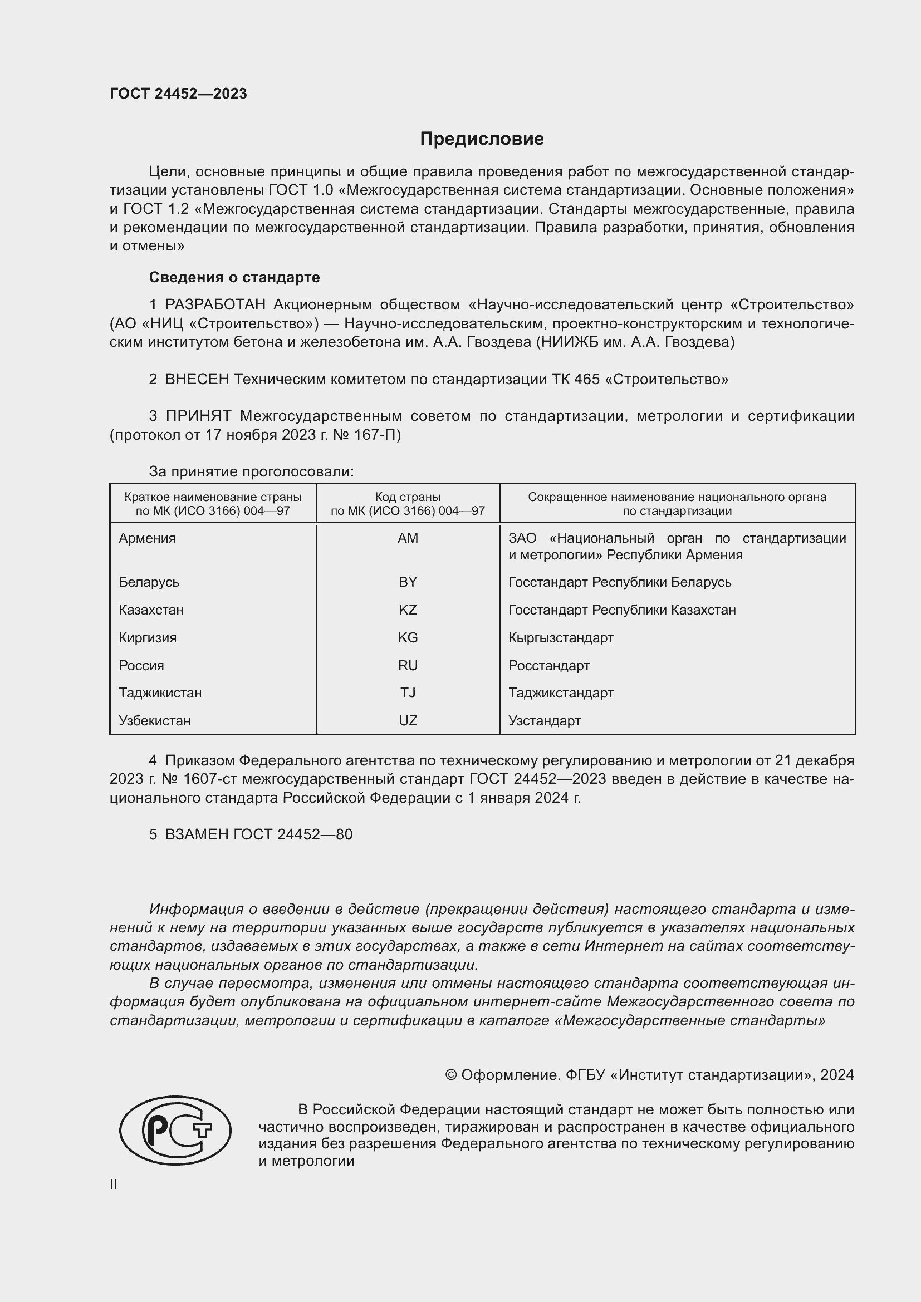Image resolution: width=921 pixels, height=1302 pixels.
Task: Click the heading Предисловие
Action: click(x=482, y=139)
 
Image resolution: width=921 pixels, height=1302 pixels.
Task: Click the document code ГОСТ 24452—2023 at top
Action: click(x=178, y=94)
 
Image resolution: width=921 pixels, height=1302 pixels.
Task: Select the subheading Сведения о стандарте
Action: click(x=234, y=277)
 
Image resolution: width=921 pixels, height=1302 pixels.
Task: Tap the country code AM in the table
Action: click(x=408, y=538)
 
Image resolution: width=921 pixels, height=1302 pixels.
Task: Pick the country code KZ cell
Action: click(x=408, y=610)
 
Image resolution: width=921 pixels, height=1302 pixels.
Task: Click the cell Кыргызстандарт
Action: click(x=560, y=637)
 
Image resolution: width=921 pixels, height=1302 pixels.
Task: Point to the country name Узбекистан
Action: click(x=154, y=720)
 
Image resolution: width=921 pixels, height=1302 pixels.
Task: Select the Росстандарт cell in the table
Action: click(x=548, y=665)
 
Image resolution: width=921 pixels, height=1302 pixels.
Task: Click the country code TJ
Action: click(x=408, y=692)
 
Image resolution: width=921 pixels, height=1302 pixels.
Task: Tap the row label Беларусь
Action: click(x=149, y=582)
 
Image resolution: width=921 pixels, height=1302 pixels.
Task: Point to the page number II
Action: click(x=114, y=1185)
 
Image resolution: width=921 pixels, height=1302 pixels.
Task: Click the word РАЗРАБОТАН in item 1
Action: click(x=215, y=305)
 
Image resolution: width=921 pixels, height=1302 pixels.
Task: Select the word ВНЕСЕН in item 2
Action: click(x=197, y=380)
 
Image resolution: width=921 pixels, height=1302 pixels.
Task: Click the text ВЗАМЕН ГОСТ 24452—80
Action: click(x=258, y=834)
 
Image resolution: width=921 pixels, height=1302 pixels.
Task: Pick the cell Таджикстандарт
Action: click(x=560, y=692)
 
